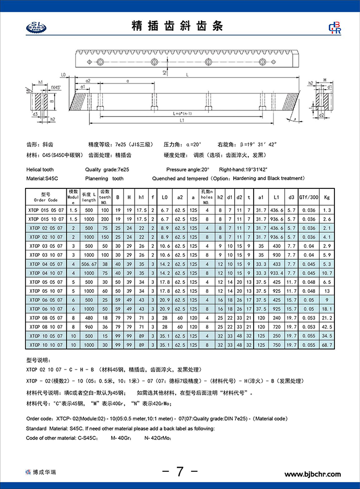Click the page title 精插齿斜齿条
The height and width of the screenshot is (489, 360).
pos(179,26)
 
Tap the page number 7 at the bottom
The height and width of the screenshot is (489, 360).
pos(179,471)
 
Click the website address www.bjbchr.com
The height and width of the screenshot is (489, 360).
pos(312,474)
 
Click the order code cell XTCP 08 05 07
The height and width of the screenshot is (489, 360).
pos(45,317)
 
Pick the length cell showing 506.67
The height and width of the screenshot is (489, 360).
pos(89,264)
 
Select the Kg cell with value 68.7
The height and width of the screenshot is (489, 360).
pos(327,344)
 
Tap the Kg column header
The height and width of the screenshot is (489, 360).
pos(327,196)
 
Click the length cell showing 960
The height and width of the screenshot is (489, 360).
pos(89,327)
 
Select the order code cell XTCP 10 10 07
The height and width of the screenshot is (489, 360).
pos(45,344)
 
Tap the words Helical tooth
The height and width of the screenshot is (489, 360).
pos(40,170)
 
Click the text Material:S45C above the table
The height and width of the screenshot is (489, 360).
pos(41,178)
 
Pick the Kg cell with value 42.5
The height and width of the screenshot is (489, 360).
pos(327,327)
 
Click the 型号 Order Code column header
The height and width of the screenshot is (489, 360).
pos(45,196)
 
